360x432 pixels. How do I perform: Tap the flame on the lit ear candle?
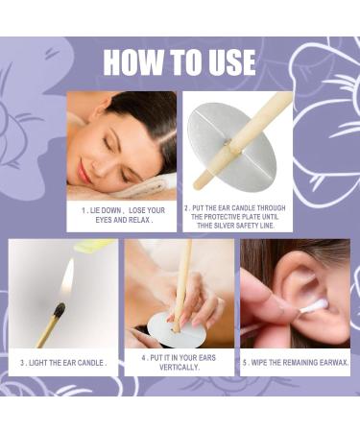(66, 280)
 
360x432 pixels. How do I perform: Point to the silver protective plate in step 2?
(216, 144)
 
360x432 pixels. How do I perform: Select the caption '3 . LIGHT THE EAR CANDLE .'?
(64, 363)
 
